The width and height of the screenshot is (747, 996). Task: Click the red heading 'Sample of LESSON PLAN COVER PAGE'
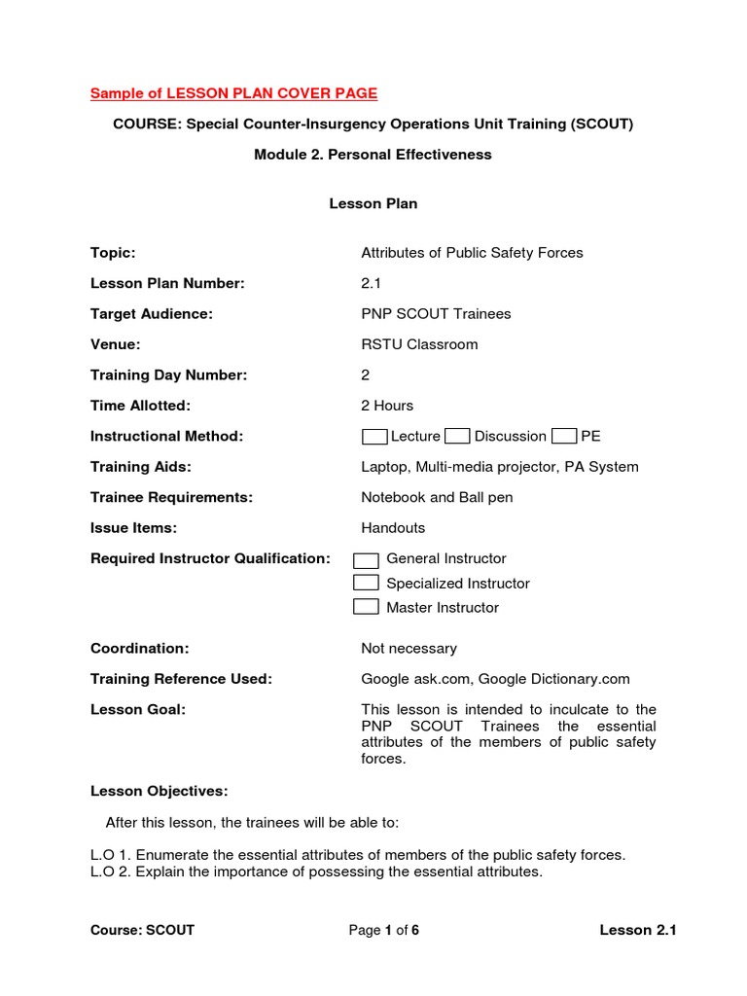pyautogui.click(x=233, y=93)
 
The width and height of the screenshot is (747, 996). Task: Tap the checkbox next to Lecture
pyautogui.click(x=374, y=436)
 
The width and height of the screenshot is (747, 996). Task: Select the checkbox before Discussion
pyautogui.click(x=457, y=436)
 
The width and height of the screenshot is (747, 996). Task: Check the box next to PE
pyautogui.click(x=564, y=436)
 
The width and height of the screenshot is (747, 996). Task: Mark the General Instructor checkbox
pyautogui.click(x=366, y=559)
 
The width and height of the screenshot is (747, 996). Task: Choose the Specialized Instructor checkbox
pyautogui.click(x=366, y=583)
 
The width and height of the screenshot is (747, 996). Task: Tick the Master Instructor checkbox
pyautogui.click(x=366, y=607)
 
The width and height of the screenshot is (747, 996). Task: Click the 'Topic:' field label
pyautogui.click(x=113, y=253)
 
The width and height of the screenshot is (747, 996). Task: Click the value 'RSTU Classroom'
pyautogui.click(x=419, y=344)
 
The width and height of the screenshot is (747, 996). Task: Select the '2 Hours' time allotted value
pyautogui.click(x=387, y=406)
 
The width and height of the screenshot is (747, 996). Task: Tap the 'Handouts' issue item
pyautogui.click(x=393, y=528)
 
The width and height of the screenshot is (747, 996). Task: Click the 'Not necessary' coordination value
pyautogui.click(x=409, y=649)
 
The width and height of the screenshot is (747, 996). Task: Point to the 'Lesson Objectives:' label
pyautogui.click(x=160, y=791)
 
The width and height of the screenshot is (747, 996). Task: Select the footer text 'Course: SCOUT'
pyautogui.click(x=142, y=930)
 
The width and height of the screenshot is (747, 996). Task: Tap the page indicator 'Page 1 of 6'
pyautogui.click(x=384, y=930)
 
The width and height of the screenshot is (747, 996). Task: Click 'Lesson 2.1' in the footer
pyautogui.click(x=637, y=930)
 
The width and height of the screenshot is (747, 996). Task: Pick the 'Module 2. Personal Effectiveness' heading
pyautogui.click(x=373, y=155)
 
